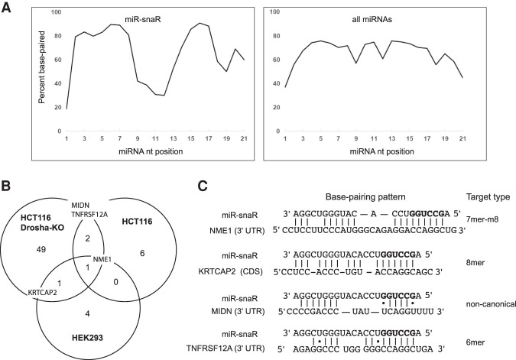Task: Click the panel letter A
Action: pos(8,8)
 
